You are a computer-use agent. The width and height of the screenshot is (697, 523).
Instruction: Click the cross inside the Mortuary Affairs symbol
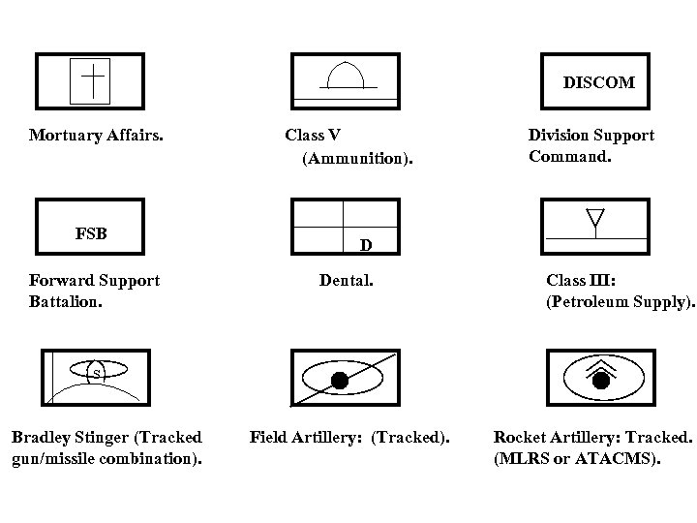[92, 78]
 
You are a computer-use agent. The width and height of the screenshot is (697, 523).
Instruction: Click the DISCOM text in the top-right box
[598, 82]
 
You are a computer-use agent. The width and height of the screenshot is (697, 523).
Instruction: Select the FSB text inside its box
[91, 233]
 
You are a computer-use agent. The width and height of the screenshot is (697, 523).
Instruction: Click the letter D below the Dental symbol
[366, 244]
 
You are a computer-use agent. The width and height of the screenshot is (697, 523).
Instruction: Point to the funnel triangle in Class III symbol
[594, 219]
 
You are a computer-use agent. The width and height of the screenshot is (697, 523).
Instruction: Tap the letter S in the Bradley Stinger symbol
[97, 372]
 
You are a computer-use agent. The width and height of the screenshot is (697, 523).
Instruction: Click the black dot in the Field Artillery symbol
[340, 379]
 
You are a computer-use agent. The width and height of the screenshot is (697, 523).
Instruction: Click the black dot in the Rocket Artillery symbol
[600, 381]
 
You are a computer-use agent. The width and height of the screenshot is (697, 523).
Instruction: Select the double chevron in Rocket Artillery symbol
[600, 365]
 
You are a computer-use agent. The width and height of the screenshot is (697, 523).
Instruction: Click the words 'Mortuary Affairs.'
[96, 136]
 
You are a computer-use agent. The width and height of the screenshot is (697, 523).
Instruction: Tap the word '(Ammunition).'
[357, 158]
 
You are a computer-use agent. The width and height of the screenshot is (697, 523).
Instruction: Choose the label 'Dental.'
[346, 281]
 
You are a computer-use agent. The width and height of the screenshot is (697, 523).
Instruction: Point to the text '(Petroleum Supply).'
[621, 301]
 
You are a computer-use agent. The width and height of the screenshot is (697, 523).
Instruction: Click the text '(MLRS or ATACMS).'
[577, 458]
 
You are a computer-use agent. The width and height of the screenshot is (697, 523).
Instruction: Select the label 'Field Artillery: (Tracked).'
[349, 438]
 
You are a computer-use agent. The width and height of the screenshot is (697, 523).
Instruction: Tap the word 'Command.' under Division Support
[570, 155]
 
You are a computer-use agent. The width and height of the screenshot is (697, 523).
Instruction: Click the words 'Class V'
[313, 136]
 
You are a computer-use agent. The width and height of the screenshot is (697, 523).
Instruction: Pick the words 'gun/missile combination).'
[106, 458]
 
